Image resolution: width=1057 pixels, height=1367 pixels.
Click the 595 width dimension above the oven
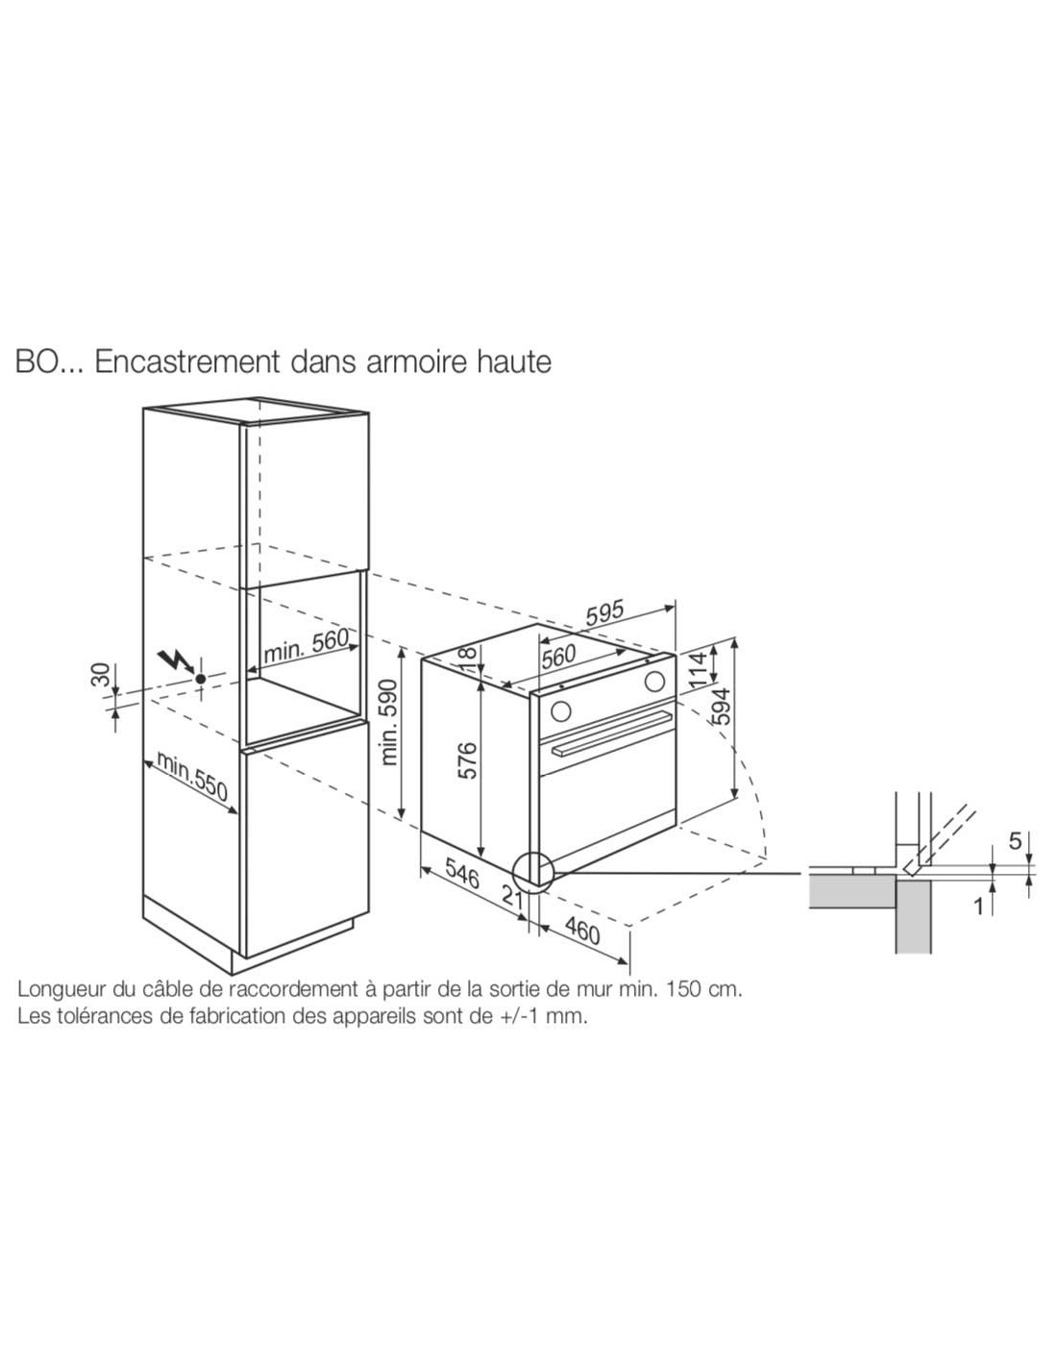click(604, 613)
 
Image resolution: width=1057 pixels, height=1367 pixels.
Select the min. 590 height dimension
click(390, 722)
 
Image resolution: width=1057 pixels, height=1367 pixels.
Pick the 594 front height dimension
click(723, 706)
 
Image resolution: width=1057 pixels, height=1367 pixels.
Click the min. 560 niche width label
click(306, 644)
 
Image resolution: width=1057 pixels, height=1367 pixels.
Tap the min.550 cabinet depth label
click(192, 776)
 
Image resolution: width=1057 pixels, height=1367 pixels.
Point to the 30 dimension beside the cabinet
click(103, 675)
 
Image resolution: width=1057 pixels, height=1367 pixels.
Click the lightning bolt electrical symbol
click(177, 660)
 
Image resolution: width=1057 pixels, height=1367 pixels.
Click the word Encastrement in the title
click(186, 362)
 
